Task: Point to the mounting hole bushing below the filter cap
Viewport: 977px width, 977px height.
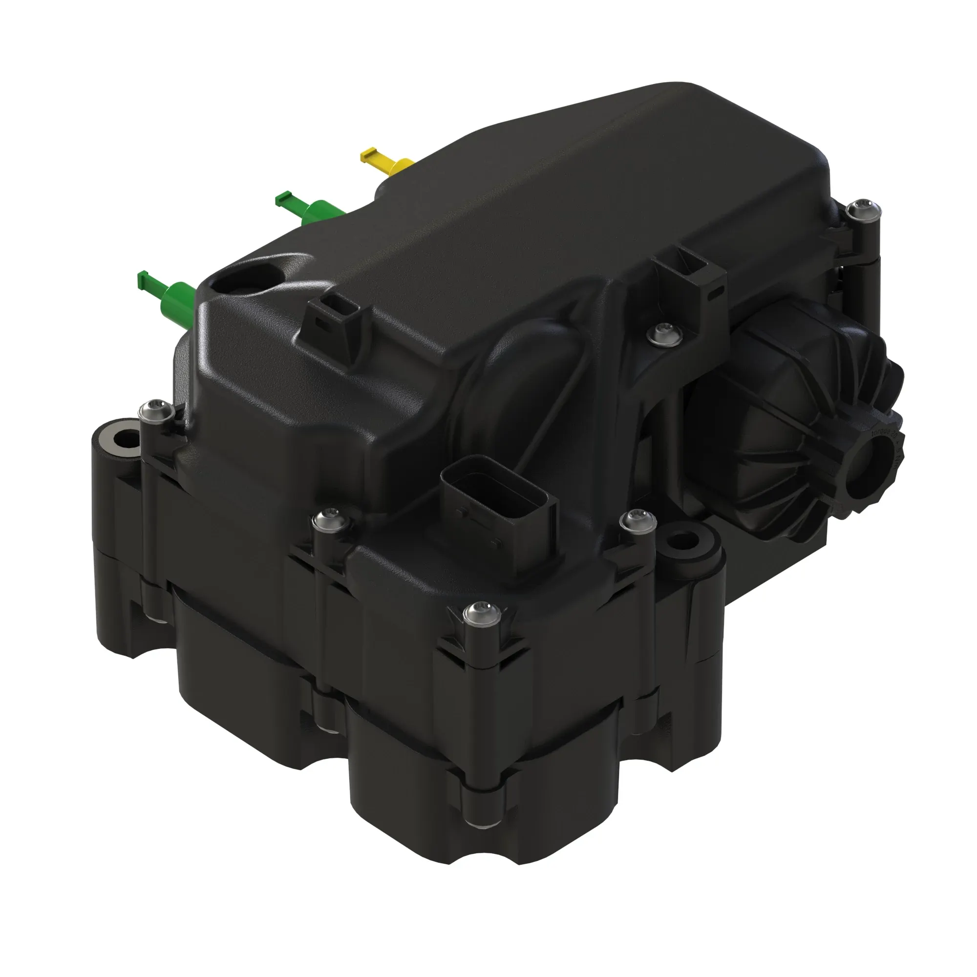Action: coord(685,541)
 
